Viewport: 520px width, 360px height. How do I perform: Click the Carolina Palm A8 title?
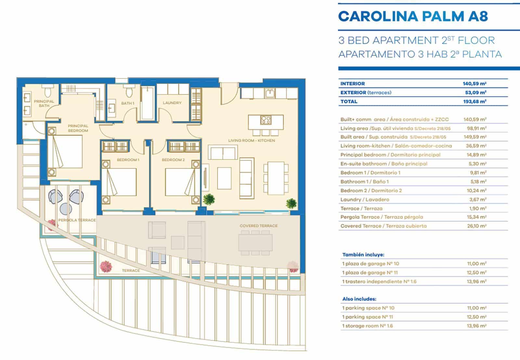point(413,16)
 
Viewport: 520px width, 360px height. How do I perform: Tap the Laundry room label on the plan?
point(172,103)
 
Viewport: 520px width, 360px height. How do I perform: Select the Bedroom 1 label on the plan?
point(128,160)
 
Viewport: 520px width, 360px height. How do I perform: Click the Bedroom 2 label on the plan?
point(173,160)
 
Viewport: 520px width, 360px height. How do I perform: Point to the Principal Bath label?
point(44,103)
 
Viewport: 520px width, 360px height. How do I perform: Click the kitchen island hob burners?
point(266,120)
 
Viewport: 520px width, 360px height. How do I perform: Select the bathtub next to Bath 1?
point(148,103)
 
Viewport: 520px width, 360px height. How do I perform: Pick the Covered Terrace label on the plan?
point(258,226)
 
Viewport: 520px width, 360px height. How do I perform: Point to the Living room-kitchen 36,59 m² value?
point(476,146)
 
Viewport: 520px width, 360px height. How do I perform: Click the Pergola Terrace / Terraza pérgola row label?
point(382,217)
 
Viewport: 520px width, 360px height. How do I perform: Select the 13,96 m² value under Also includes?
point(476,326)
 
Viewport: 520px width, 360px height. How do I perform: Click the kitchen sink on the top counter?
point(269,93)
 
